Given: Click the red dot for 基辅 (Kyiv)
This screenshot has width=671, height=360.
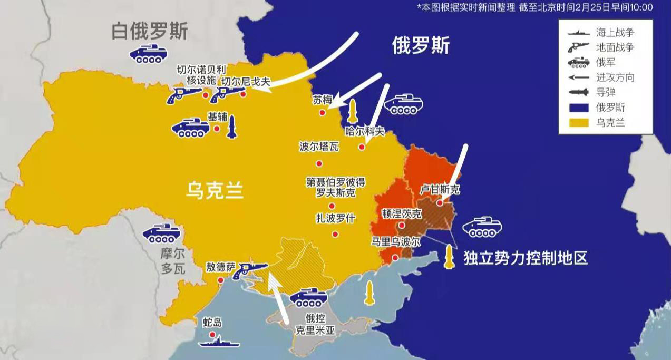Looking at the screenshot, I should point(217,129).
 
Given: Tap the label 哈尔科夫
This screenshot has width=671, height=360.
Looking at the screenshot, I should point(365,131).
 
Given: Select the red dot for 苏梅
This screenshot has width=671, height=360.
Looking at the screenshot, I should point(322,112).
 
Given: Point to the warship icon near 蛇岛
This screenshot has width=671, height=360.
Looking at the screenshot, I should point(219,342).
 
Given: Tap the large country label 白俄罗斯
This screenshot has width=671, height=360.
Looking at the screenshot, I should point(149,32).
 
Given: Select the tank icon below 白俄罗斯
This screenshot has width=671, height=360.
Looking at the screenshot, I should point(149,54).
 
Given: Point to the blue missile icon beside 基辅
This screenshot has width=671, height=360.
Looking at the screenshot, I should point(232,127).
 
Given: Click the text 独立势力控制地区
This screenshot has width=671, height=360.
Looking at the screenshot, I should point(525,258).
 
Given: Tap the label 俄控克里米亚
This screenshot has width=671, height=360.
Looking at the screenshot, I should point(315,324).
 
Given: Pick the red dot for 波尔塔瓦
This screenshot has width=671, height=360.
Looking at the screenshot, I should point(319,163).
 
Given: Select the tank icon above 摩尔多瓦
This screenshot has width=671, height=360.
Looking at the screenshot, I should point(161,233).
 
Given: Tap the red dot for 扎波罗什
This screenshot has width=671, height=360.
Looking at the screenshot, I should point(335,234).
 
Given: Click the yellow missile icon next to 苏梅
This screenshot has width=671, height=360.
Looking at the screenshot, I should point(352,111).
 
